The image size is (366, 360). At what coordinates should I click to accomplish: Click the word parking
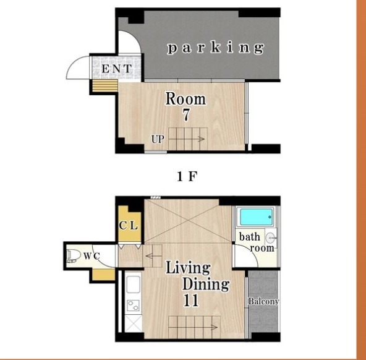(216, 48)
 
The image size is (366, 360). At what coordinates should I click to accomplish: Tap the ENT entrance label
(116, 69)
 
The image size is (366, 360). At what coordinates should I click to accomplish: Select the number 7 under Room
(186, 115)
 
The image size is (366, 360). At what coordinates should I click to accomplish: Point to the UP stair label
(158, 139)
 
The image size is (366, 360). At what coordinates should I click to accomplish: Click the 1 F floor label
(187, 176)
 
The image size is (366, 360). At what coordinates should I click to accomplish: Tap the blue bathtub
(256, 217)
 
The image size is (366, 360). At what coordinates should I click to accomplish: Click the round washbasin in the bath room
(271, 238)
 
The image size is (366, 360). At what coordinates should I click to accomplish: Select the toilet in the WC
(73, 256)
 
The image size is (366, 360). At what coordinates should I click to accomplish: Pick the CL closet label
(128, 226)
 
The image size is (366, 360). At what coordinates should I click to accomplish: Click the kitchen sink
(134, 285)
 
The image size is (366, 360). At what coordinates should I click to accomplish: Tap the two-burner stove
(134, 306)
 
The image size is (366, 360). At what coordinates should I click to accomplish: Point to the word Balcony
(263, 301)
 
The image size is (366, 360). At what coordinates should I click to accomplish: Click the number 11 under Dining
(191, 301)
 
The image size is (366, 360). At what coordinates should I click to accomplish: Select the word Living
(188, 268)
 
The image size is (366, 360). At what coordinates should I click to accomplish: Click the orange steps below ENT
(105, 86)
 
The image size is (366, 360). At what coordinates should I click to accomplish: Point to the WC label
(91, 256)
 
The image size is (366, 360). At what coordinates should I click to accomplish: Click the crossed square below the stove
(134, 324)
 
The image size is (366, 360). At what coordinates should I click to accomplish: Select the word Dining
(206, 285)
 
